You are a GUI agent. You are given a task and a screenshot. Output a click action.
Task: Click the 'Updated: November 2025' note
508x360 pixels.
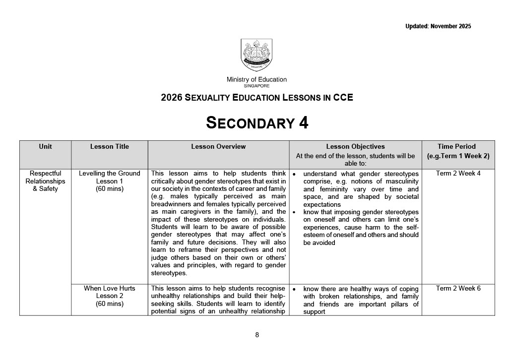coord(438,26)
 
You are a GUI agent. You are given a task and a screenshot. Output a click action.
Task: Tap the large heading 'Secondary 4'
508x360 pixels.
coord(257,122)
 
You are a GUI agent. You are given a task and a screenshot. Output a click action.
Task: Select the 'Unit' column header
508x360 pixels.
coord(45,147)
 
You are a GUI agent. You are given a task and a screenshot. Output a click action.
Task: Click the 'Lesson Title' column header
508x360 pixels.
coord(110,147)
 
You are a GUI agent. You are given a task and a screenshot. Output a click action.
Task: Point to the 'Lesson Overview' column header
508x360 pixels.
coord(218,147)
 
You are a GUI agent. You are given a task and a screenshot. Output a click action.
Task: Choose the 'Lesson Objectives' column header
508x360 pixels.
coord(355,147)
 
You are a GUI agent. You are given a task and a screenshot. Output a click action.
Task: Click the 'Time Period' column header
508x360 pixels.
coord(456,147)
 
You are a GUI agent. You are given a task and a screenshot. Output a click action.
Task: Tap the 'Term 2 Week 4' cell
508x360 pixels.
coord(458,174)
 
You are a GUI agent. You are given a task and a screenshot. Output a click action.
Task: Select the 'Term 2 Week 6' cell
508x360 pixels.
coord(458,289)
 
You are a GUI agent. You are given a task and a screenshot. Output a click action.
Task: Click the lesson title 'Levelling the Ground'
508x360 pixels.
coord(110,174)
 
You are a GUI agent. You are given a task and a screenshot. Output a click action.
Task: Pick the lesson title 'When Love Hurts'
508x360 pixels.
coord(110,289)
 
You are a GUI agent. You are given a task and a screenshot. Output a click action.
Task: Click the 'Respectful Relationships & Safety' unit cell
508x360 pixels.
coord(45,181)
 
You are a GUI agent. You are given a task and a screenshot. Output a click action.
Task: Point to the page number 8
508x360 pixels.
coord(257,335)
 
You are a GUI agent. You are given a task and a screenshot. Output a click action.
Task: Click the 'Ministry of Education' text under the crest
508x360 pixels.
coord(256,79)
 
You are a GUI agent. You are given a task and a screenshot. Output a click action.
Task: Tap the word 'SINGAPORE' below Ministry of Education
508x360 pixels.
coord(256,86)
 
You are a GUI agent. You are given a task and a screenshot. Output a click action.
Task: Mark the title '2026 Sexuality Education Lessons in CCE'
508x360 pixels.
coord(257,98)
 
